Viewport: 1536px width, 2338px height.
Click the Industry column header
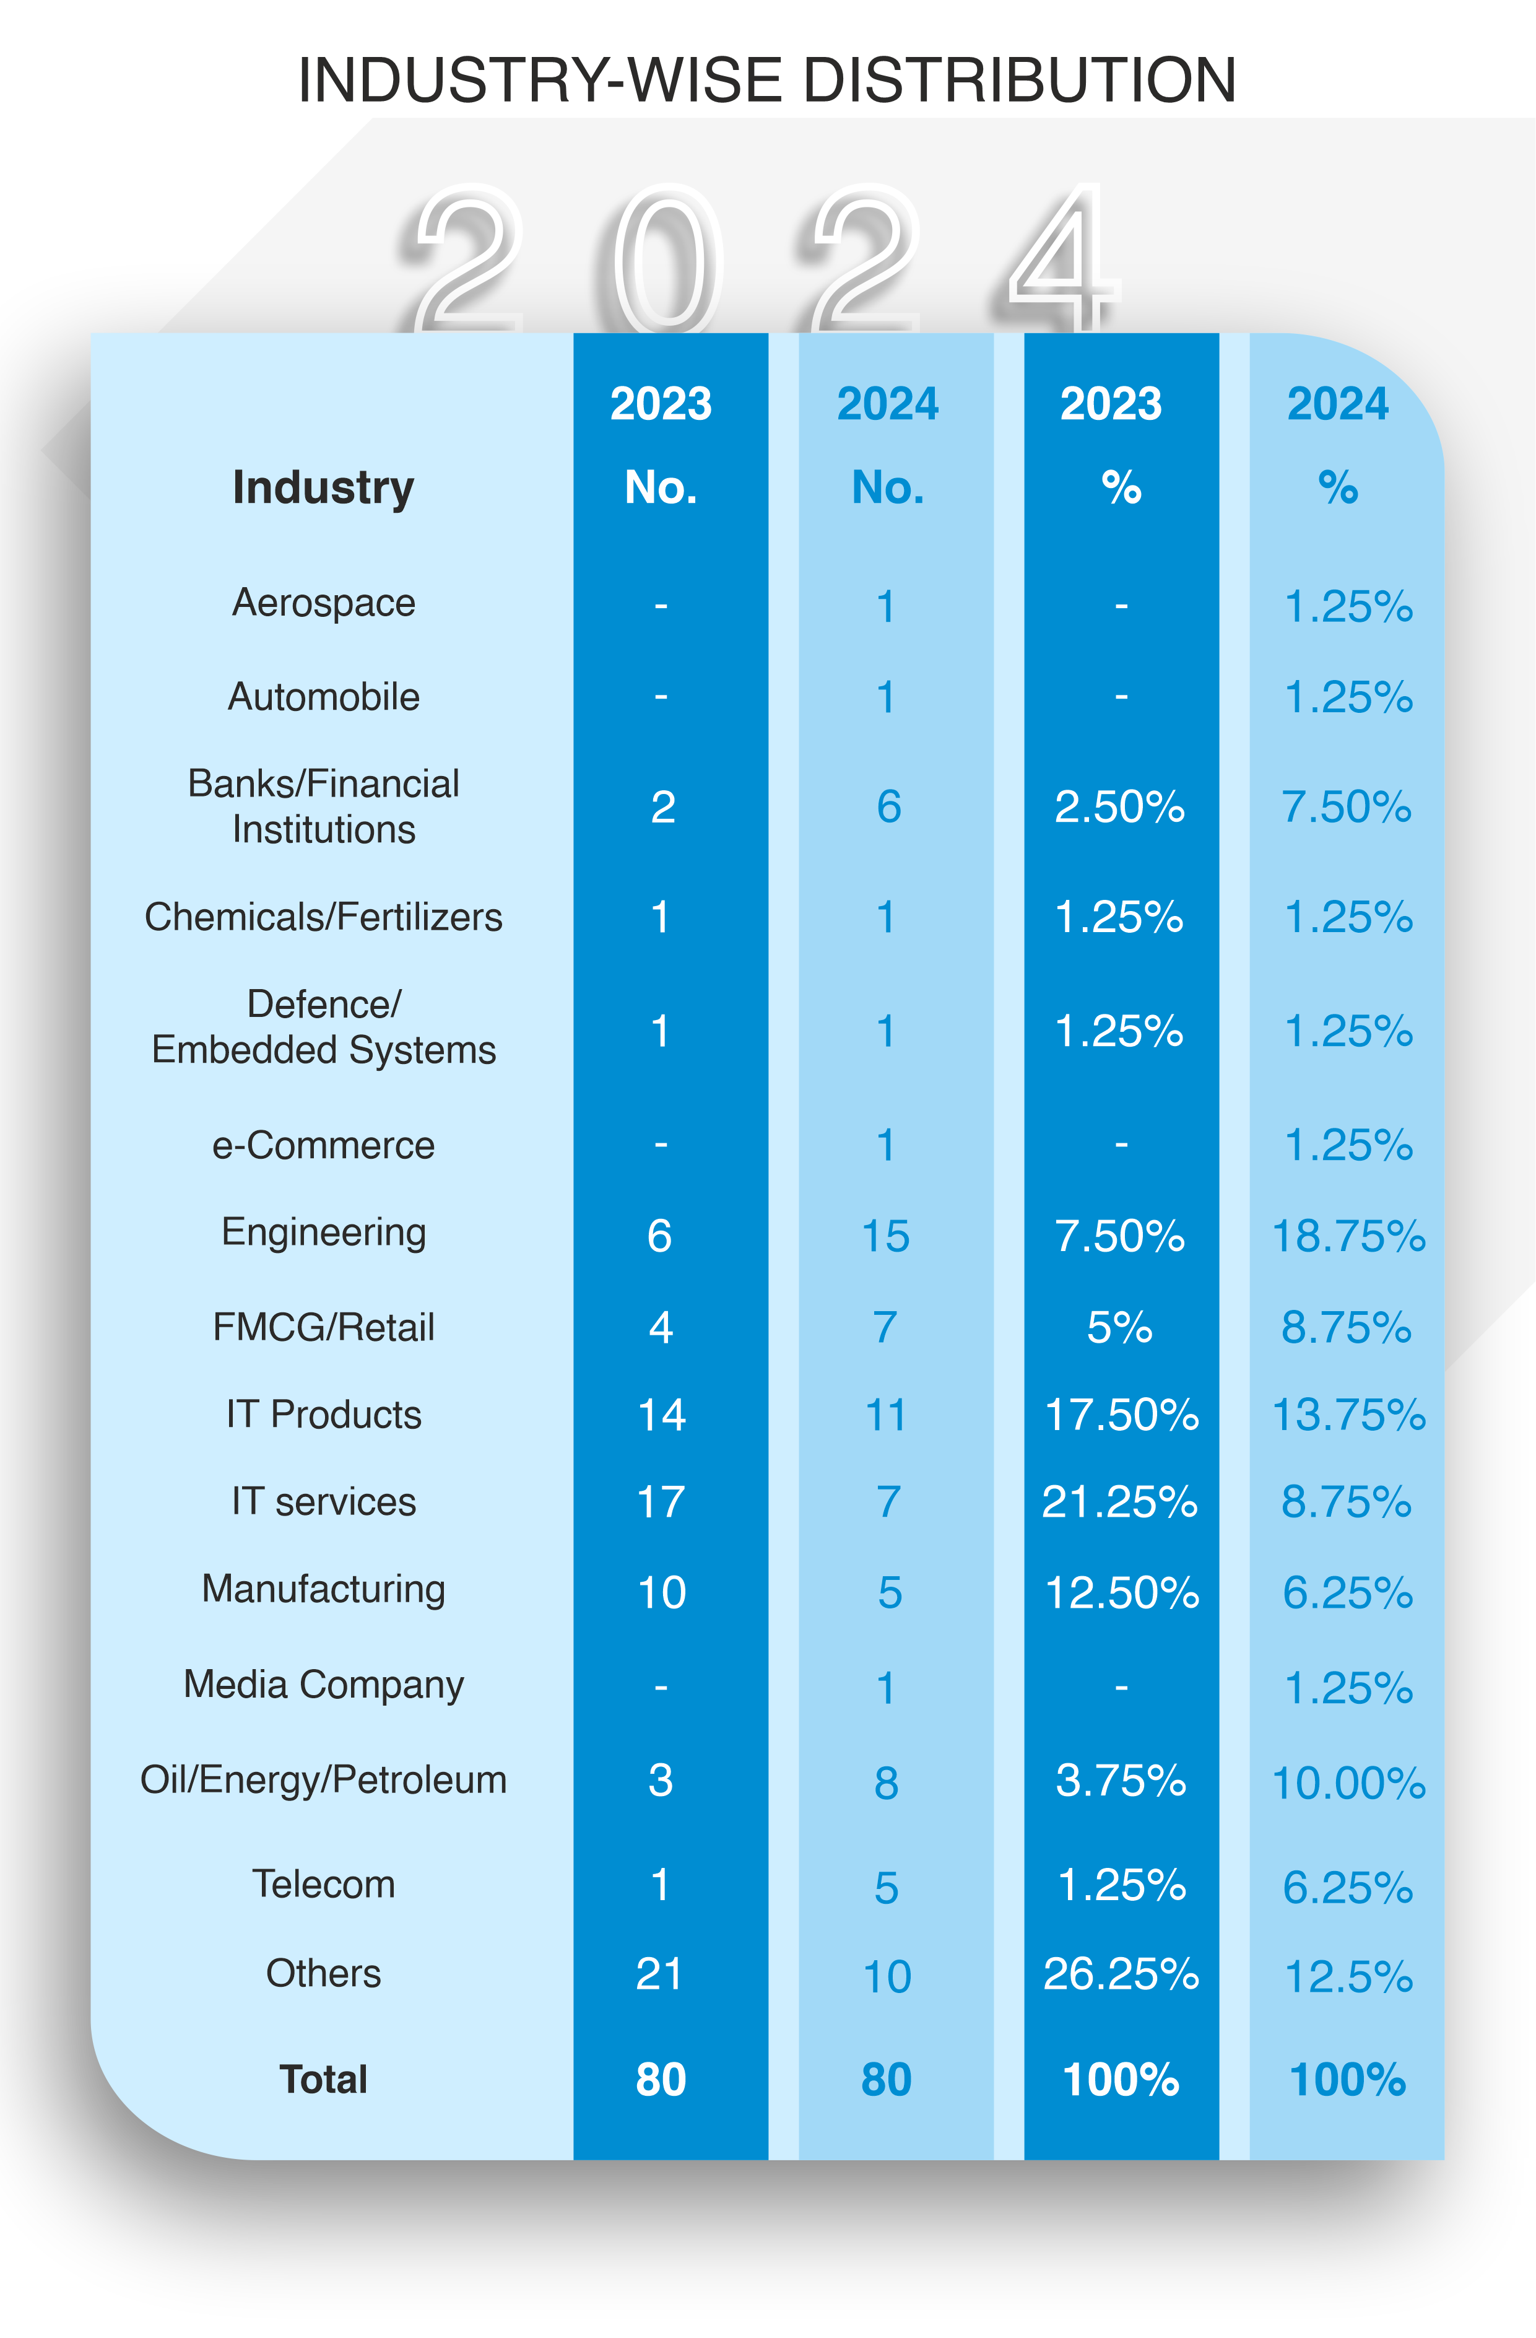[x=323, y=487]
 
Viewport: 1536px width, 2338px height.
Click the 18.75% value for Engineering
[x=1347, y=1236]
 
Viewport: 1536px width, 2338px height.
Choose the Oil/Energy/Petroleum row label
[x=323, y=1780]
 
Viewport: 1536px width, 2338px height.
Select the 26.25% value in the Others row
[x=1121, y=1974]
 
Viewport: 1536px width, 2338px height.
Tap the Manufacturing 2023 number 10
[x=661, y=1592]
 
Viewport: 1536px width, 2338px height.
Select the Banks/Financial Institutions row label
[x=323, y=806]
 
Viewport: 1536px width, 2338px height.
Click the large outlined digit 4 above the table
[x=1064, y=260]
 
